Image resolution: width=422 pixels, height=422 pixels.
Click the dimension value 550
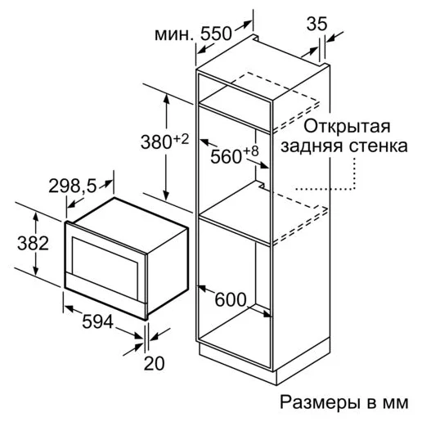tap(216, 34)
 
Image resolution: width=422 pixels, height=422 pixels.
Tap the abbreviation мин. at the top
tap(174, 35)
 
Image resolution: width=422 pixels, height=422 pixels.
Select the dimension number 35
tap(316, 24)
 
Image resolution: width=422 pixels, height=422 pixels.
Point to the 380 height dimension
tap(156, 142)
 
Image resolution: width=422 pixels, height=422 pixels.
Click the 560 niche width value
tap(227, 157)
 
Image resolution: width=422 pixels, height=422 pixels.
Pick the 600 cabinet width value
tap(231, 299)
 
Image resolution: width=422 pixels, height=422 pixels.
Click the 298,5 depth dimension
tap(73, 186)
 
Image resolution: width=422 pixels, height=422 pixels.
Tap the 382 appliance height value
tap(33, 244)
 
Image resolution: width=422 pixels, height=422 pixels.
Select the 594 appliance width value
tap(97, 321)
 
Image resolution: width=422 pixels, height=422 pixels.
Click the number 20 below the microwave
tap(155, 363)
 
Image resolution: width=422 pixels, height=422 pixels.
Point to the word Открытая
tap(347, 127)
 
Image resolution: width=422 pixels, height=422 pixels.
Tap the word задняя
tap(312, 147)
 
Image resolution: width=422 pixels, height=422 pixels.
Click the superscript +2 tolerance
tap(181, 140)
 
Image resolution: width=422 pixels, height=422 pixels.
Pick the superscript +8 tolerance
tap(251, 151)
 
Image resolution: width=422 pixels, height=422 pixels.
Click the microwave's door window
tap(105, 268)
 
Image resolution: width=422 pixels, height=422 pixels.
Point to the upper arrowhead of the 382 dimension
tap(35, 217)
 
